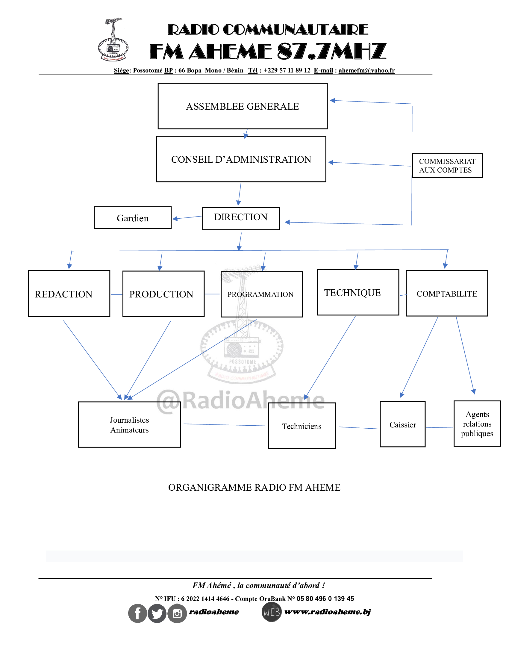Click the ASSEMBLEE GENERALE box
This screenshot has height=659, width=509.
tap(243, 106)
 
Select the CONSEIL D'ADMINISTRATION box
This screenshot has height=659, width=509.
tap(241, 159)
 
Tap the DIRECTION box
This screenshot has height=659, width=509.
tap(241, 218)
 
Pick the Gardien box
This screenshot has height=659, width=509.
tap(133, 217)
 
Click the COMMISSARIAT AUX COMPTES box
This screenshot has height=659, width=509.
tap(448, 166)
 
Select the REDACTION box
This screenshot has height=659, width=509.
tap(69, 293)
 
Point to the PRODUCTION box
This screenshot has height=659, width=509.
tap(163, 294)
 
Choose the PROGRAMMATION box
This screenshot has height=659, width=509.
tap(262, 294)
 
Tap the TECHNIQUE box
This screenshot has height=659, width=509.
tap(358, 292)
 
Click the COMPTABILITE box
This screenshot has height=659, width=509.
tap(447, 293)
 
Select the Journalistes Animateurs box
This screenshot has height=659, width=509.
tap(129, 424)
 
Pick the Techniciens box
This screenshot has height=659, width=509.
tap(302, 425)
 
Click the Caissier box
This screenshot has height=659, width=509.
tap(402, 424)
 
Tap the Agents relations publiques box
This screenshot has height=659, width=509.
tap(477, 423)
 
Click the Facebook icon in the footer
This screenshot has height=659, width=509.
tap(137, 613)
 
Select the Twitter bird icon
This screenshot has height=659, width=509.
tap(157, 613)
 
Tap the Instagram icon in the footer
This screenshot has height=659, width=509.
tap(177, 613)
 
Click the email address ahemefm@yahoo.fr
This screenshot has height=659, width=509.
tap(366, 70)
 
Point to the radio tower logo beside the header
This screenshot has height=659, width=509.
tap(113, 39)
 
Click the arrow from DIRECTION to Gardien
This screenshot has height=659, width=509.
tap(187, 217)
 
